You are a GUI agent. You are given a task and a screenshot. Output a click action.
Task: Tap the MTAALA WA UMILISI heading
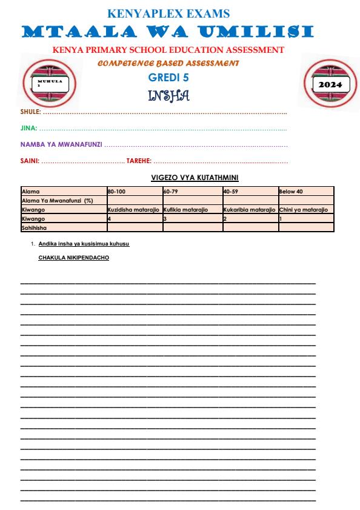coord(168,31)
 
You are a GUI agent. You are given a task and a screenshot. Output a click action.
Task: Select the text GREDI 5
coord(168,76)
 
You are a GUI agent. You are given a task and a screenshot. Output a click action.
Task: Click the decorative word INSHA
coord(168,95)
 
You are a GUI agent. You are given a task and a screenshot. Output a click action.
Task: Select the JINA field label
coord(28,129)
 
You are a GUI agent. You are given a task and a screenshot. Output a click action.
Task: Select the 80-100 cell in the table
coord(116,192)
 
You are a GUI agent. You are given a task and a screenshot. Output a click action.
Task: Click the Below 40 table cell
coord(291,192)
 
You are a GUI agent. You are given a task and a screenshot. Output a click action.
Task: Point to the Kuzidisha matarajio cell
coord(133,209)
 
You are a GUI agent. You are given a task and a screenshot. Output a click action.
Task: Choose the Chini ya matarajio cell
coord(303,209)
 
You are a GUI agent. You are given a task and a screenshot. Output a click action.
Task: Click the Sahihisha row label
coord(34,227)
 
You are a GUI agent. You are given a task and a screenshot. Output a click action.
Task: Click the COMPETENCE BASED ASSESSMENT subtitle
coord(168,62)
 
